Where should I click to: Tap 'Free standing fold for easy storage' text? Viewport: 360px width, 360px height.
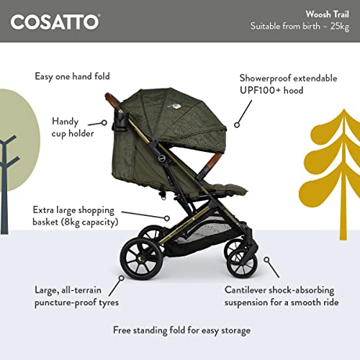point(181,330)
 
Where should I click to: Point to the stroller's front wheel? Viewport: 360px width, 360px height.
point(242,262)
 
